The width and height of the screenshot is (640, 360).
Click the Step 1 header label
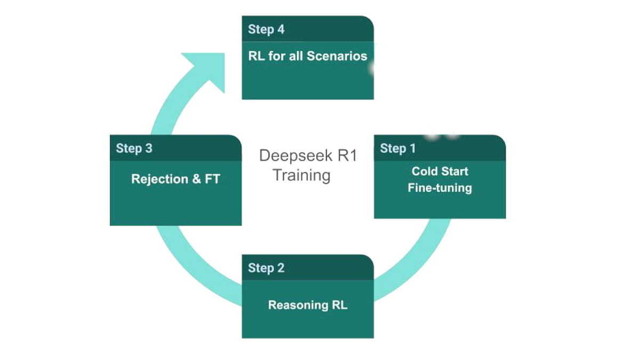397,148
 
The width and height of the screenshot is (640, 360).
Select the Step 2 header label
266,268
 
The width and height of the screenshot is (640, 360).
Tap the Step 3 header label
134,148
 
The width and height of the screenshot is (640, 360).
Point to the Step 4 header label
266,29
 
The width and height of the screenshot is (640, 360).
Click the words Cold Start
440,171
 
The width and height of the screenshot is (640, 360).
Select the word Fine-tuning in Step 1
440,188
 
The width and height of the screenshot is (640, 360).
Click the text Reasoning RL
308,305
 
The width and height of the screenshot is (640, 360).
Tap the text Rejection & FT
175,179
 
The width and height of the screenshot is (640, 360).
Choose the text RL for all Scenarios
308,56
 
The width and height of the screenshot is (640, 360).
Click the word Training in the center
302,175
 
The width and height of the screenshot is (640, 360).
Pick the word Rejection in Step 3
159,179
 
